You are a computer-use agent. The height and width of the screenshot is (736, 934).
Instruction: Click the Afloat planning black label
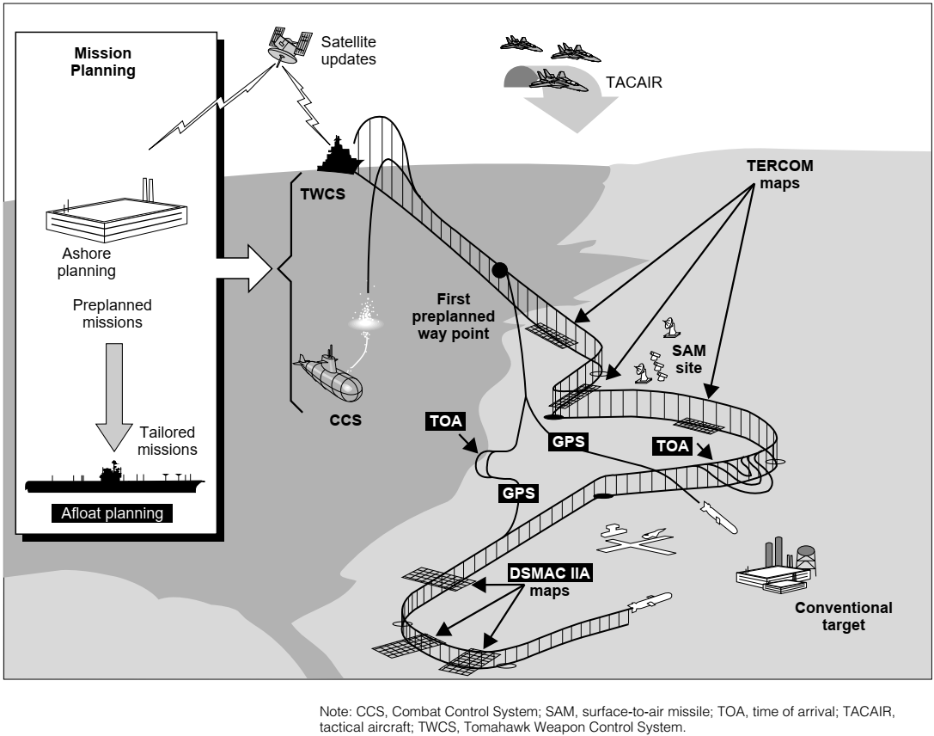click(x=112, y=514)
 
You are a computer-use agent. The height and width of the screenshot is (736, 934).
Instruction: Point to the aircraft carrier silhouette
click(x=112, y=480)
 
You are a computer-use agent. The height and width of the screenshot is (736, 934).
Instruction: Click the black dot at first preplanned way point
click(x=498, y=270)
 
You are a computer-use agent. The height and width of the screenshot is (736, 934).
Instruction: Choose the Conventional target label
click(x=843, y=616)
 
